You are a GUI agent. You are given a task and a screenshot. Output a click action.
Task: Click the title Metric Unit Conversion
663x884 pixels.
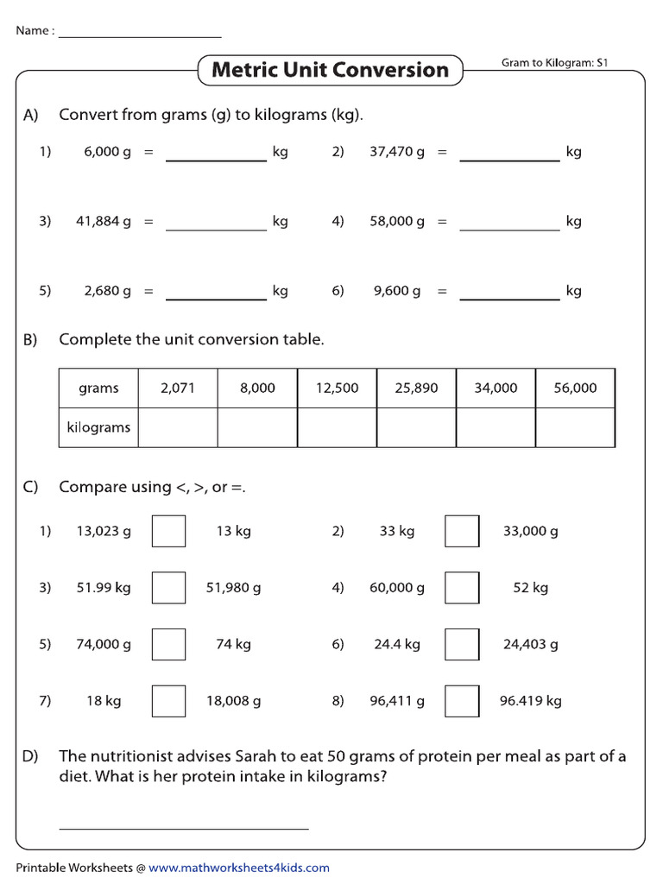(330, 70)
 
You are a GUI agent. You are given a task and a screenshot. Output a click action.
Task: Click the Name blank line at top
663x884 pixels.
(140, 35)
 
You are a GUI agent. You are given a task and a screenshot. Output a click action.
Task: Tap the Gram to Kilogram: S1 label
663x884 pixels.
(555, 63)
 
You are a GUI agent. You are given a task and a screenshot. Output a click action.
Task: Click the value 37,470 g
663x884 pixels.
(397, 152)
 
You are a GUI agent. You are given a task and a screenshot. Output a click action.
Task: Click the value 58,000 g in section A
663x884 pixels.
(397, 222)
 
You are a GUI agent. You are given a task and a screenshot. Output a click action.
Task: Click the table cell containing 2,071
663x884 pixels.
(178, 388)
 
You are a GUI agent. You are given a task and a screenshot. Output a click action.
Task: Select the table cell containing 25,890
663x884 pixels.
(416, 388)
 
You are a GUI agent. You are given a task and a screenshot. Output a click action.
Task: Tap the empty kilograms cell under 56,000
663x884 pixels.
(575, 427)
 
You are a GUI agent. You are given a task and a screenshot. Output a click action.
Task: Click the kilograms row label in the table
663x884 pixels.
(98, 427)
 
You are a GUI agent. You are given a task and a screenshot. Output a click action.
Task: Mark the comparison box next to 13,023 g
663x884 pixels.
(168, 531)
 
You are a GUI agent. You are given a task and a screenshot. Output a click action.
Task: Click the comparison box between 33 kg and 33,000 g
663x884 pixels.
(462, 531)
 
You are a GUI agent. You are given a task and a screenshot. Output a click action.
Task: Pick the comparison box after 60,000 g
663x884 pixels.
(462, 588)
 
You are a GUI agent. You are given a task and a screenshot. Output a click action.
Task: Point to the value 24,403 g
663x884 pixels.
(530, 644)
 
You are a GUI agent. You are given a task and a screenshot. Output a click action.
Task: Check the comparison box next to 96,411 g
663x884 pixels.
(462, 700)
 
